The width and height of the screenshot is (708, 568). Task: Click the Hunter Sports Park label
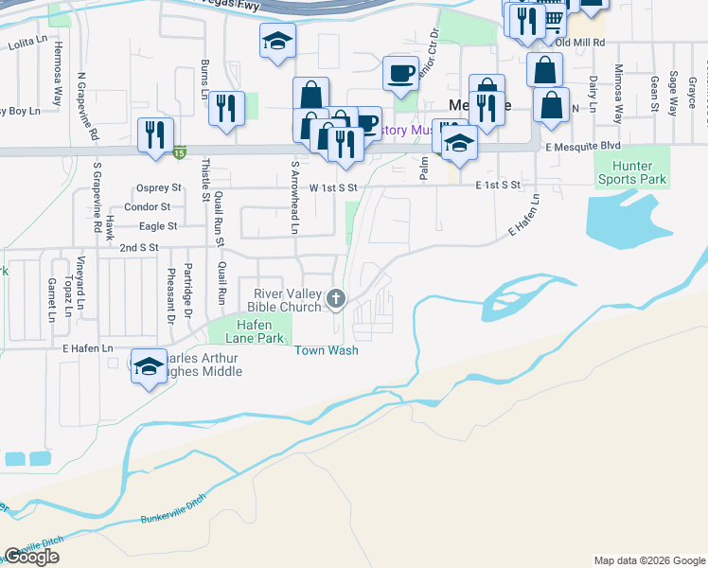(x=631, y=171)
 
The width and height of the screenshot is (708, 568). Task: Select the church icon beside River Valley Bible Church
(x=334, y=300)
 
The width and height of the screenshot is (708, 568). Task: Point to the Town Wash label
(x=327, y=350)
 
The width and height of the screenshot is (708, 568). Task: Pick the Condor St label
(x=153, y=206)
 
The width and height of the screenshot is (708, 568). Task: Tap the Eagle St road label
(x=158, y=226)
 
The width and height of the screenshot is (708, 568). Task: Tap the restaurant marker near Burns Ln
(x=227, y=108)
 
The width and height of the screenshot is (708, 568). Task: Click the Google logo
(x=31, y=557)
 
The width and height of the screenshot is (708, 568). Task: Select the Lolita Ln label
(x=27, y=44)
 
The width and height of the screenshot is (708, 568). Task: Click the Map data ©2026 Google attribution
(x=648, y=560)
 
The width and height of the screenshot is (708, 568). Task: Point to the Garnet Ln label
(x=51, y=299)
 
